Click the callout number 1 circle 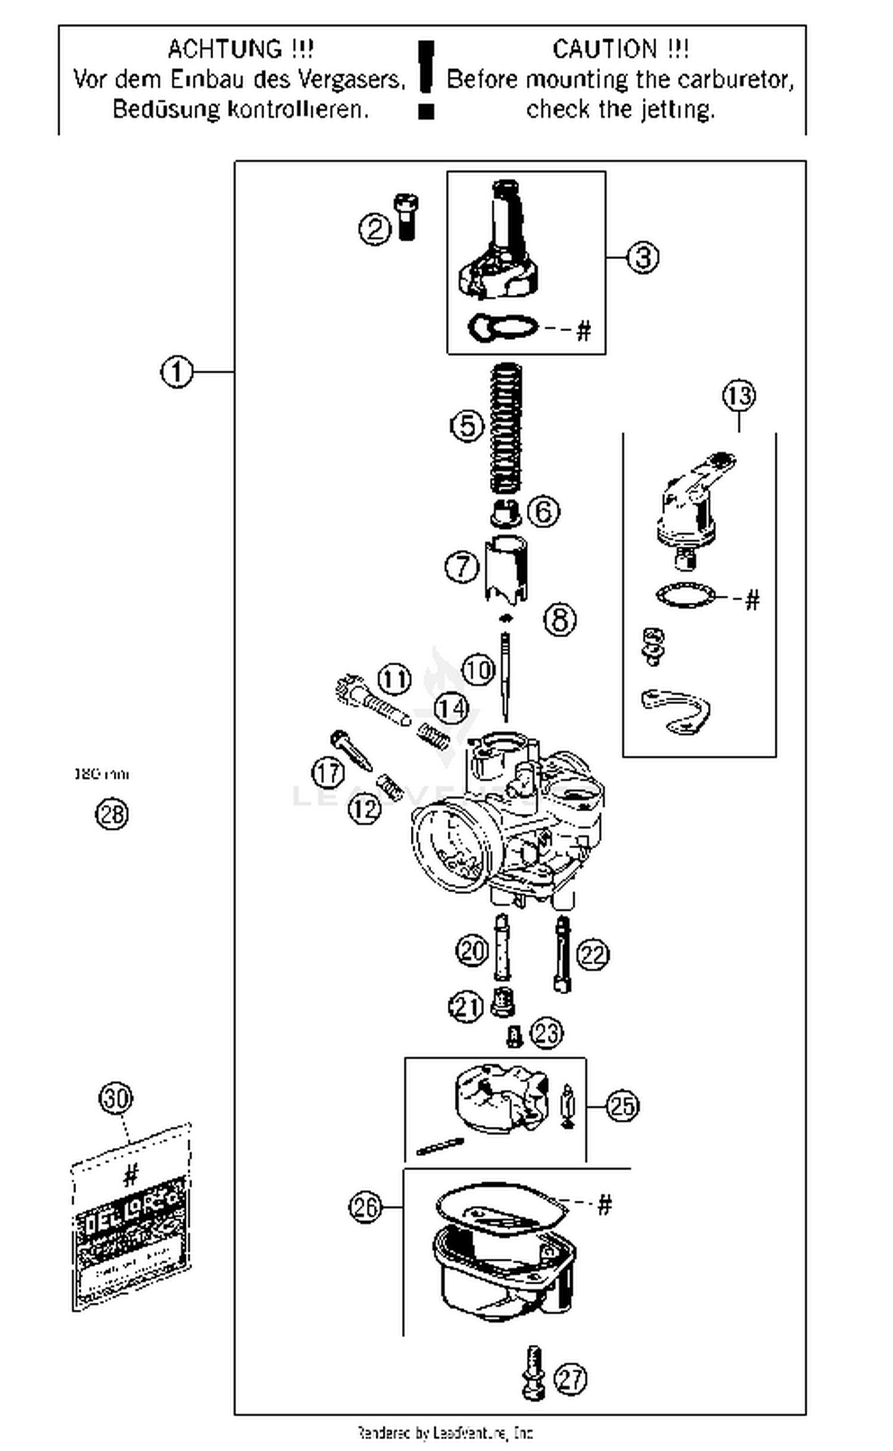(177, 373)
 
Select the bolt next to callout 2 (406, 217)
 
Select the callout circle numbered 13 (739, 396)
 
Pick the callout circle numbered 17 (328, 773)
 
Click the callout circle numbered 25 (622, 1106)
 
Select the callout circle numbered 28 (112, 814)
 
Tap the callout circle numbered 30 (115, 1098)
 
